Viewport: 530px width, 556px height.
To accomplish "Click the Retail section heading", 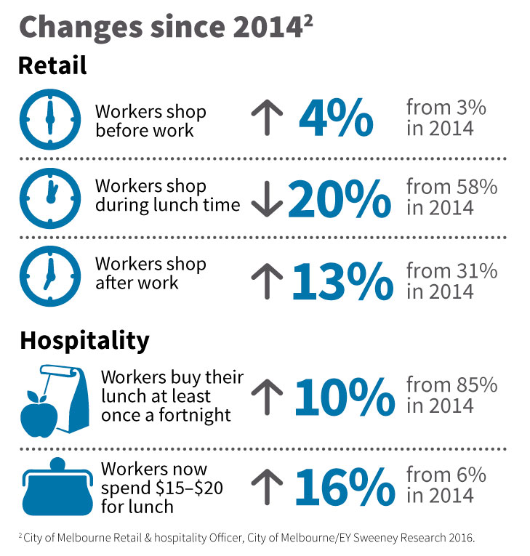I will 52,65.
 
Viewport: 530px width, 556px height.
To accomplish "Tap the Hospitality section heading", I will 84,340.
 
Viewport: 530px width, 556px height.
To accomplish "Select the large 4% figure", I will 335,118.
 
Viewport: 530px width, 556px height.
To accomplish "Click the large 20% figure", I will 340,198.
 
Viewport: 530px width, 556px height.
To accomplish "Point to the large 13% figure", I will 342,282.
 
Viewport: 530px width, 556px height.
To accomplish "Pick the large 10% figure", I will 344,397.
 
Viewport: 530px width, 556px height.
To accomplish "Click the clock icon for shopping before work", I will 49,118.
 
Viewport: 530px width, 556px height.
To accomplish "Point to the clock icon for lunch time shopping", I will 49,197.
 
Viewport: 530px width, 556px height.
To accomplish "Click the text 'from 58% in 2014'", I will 451,197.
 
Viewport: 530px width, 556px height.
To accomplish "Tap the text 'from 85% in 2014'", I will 451,394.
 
